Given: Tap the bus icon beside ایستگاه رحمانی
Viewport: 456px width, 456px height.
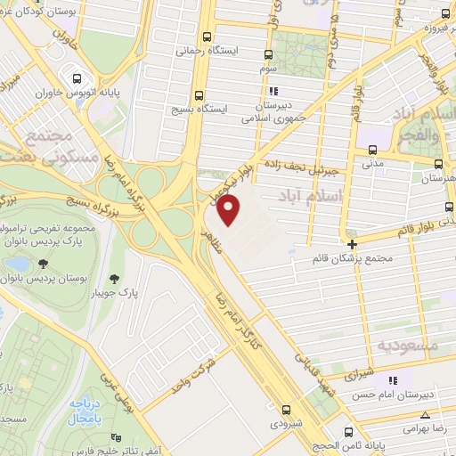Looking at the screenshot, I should pos(207,37).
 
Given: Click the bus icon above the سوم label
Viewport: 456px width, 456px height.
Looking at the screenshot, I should pos(270,54).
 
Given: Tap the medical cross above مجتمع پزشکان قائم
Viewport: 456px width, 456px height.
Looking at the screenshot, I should pos(353,243).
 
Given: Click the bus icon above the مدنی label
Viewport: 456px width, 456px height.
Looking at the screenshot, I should pos(372,151).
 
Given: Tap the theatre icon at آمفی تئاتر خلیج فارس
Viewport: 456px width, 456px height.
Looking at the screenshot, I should pos(114,437).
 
